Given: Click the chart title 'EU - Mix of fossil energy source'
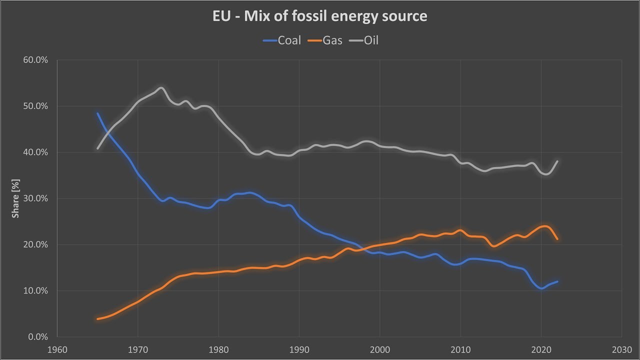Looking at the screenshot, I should pyautogui.click(x=320, y=16).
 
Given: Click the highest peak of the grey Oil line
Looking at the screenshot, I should pyautogui.click(x=161, y=88).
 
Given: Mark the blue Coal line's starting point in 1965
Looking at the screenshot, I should pyautogui.click(x=97, y=113).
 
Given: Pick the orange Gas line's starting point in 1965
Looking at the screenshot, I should pyautogui.click(x=97, y=319).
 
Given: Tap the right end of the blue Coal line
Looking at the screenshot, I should pyautogui.click(x=557, y=281).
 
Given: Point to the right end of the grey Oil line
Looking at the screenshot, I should pyautogui.click(x=557, y=161).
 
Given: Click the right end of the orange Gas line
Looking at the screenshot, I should pyautogui.click(x=557, y=239).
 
